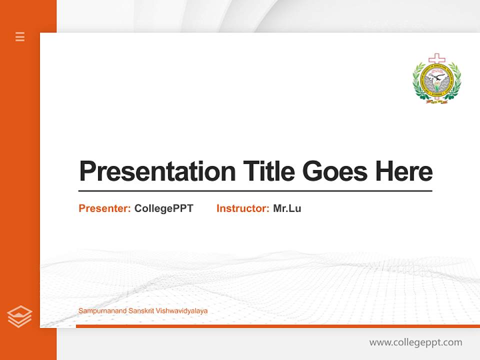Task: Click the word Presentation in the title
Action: coord(157,171)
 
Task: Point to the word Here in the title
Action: coord(404,171)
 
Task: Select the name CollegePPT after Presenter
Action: coord(163,208)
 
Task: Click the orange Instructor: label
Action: coord(243,208)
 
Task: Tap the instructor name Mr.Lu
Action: coord(287,208)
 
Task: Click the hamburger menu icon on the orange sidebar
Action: coord(20,36)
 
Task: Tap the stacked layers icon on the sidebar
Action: coord(19,316)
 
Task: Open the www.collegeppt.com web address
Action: coord(415,342)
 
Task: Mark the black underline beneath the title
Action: coord(255,190)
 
